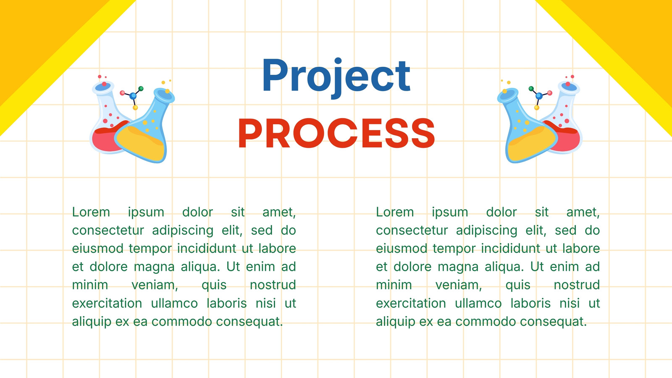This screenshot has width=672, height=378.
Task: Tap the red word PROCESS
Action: pos(336,133)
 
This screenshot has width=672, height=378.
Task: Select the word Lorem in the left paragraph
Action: pos(91,212)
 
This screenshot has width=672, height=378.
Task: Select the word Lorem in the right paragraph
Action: pos(395,212)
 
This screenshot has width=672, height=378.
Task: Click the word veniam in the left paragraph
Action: pos(155,285)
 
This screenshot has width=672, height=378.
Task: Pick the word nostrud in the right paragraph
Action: pos(577,285)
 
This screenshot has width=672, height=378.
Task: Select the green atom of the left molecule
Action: pos(141,89)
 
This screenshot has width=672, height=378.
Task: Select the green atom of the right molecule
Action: pos(531,89)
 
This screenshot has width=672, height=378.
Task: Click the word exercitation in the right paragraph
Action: pos(411,303)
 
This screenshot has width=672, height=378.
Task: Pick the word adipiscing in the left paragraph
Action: pos(183,231)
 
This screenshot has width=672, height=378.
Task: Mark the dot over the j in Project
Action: pos(338,61)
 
